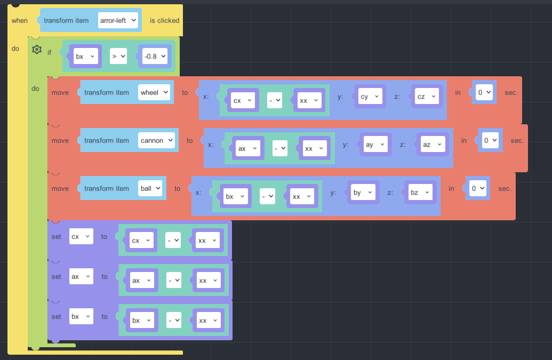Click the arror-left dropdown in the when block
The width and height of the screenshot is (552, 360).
point(118,20)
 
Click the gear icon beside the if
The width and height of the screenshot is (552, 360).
point(37,49)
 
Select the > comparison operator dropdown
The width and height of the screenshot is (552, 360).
point(118,57)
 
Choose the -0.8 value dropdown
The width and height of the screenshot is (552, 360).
point(155,57)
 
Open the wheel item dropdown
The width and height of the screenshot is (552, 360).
point(154,93)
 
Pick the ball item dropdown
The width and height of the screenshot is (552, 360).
point(150,188)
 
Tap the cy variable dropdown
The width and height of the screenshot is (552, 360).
point(370,97)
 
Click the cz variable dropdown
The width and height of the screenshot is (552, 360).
point(427,97)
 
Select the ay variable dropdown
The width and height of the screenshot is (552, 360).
point(375,145)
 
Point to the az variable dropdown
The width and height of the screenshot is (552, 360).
point(433,145)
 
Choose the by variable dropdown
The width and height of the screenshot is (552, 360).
point(363,193)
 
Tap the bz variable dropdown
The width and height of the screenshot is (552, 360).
point(420,193)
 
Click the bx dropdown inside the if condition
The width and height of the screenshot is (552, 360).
point(85,57)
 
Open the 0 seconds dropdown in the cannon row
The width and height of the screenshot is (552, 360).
point(490,140)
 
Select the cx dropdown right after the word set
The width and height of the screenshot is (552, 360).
point(81,236)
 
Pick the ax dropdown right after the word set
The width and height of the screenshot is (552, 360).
point(81,277)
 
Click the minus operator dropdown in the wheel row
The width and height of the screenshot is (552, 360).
point(275,100)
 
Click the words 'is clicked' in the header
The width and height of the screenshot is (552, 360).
point(164,20)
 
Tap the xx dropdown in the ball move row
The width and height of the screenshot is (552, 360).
point(302,196)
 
